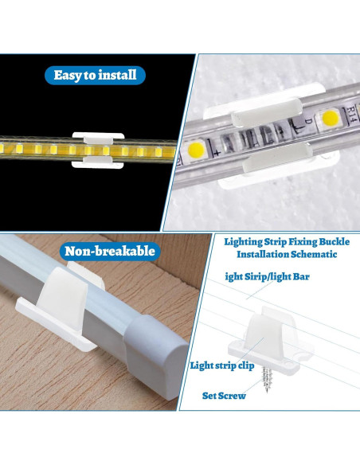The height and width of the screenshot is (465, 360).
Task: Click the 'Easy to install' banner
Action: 95,76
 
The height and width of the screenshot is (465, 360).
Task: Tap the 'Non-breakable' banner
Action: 111,252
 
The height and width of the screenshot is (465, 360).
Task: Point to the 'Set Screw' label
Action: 224,395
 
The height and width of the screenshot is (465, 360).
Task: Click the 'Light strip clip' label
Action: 221,365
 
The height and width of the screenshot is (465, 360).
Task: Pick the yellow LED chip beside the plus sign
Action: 198,147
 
